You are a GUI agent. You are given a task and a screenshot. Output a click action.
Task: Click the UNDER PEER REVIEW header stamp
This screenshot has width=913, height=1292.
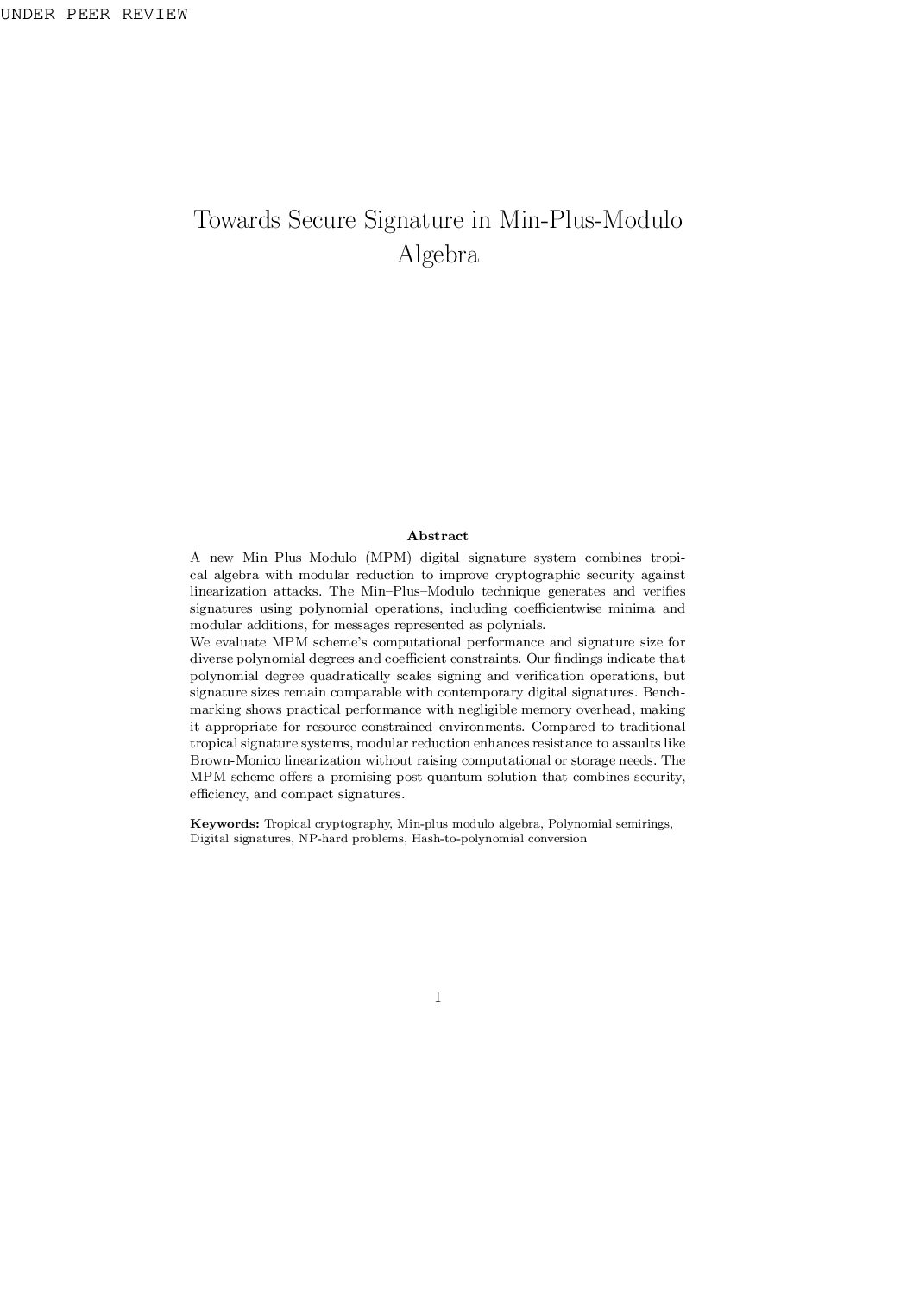point(93,15)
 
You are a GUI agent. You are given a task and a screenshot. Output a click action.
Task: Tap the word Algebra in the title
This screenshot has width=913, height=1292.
point(438,255)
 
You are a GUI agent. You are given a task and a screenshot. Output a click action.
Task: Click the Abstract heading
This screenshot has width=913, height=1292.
point(438,536)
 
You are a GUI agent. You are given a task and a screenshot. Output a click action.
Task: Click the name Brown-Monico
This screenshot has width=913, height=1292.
point(235,760)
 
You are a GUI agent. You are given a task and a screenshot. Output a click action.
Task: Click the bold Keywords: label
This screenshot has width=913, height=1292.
point(224,823)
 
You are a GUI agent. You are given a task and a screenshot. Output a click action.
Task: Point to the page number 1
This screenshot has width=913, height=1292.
point(438,998)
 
